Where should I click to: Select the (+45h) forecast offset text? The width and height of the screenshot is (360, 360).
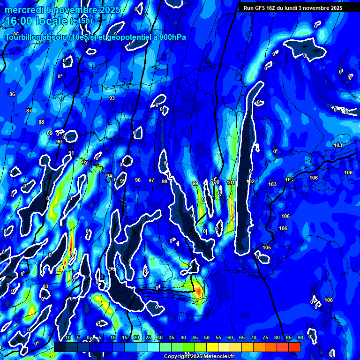(x=81, y=21)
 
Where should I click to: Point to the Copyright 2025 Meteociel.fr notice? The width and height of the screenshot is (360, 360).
(x=199, y=356)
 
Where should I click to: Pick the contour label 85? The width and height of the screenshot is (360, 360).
(x=16, y=34)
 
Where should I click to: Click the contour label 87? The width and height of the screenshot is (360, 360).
(x=29, y=111)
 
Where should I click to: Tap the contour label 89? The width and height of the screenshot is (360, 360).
(x=50, y=133)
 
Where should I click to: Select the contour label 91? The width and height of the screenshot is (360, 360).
(x=71, y=153)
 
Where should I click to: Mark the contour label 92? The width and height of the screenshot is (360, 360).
(x=85, y=163)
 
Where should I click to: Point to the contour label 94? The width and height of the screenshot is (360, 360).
(x=109, y=176)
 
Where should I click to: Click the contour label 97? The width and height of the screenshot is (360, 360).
(x=151, y=180)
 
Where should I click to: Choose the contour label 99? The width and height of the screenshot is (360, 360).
(x=195, y=183)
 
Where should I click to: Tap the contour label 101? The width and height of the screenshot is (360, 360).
(x=230, y=182)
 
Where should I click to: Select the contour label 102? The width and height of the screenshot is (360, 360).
(x=251, y=181)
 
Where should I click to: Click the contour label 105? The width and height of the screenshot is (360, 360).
(x=267, y=247)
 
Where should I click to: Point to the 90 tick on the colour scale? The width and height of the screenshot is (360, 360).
(x=300, y=337)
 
